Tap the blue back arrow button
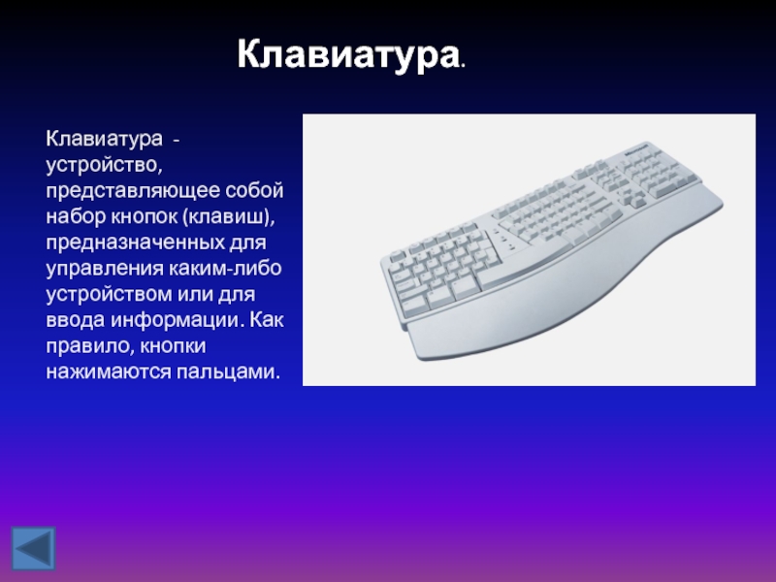tap(33, 548)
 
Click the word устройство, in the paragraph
tap(104, 165)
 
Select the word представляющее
tap(133, 191)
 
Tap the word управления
tap(105, 269)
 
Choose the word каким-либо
tap(225, 268)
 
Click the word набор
tap(76, 216)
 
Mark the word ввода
tap(76, 320)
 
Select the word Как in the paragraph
tap(266, 320)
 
